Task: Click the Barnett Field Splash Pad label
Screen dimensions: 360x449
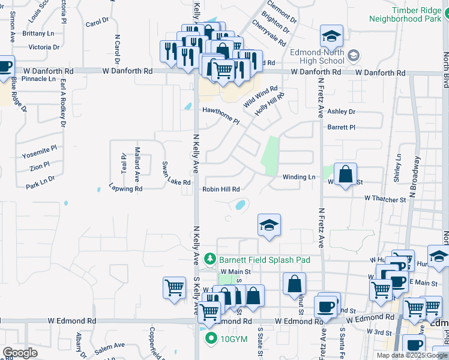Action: (x=264, y=260)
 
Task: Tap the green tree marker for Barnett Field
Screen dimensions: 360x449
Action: (x=210, y=259)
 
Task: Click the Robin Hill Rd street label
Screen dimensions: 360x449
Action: (x=221, y=189)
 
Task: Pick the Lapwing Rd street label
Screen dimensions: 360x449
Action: (x=125, y=188)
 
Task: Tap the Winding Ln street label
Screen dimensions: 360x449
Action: (x=299, y=177)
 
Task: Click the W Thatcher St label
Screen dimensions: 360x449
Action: (x=385, y=199)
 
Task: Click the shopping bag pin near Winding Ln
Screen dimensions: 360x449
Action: (x=345, y=175)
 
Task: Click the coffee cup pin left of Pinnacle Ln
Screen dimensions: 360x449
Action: (x=4, y=67)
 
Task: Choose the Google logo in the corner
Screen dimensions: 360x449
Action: (x=20, y=353)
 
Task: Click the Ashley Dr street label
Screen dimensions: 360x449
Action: (x=341, y=112)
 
